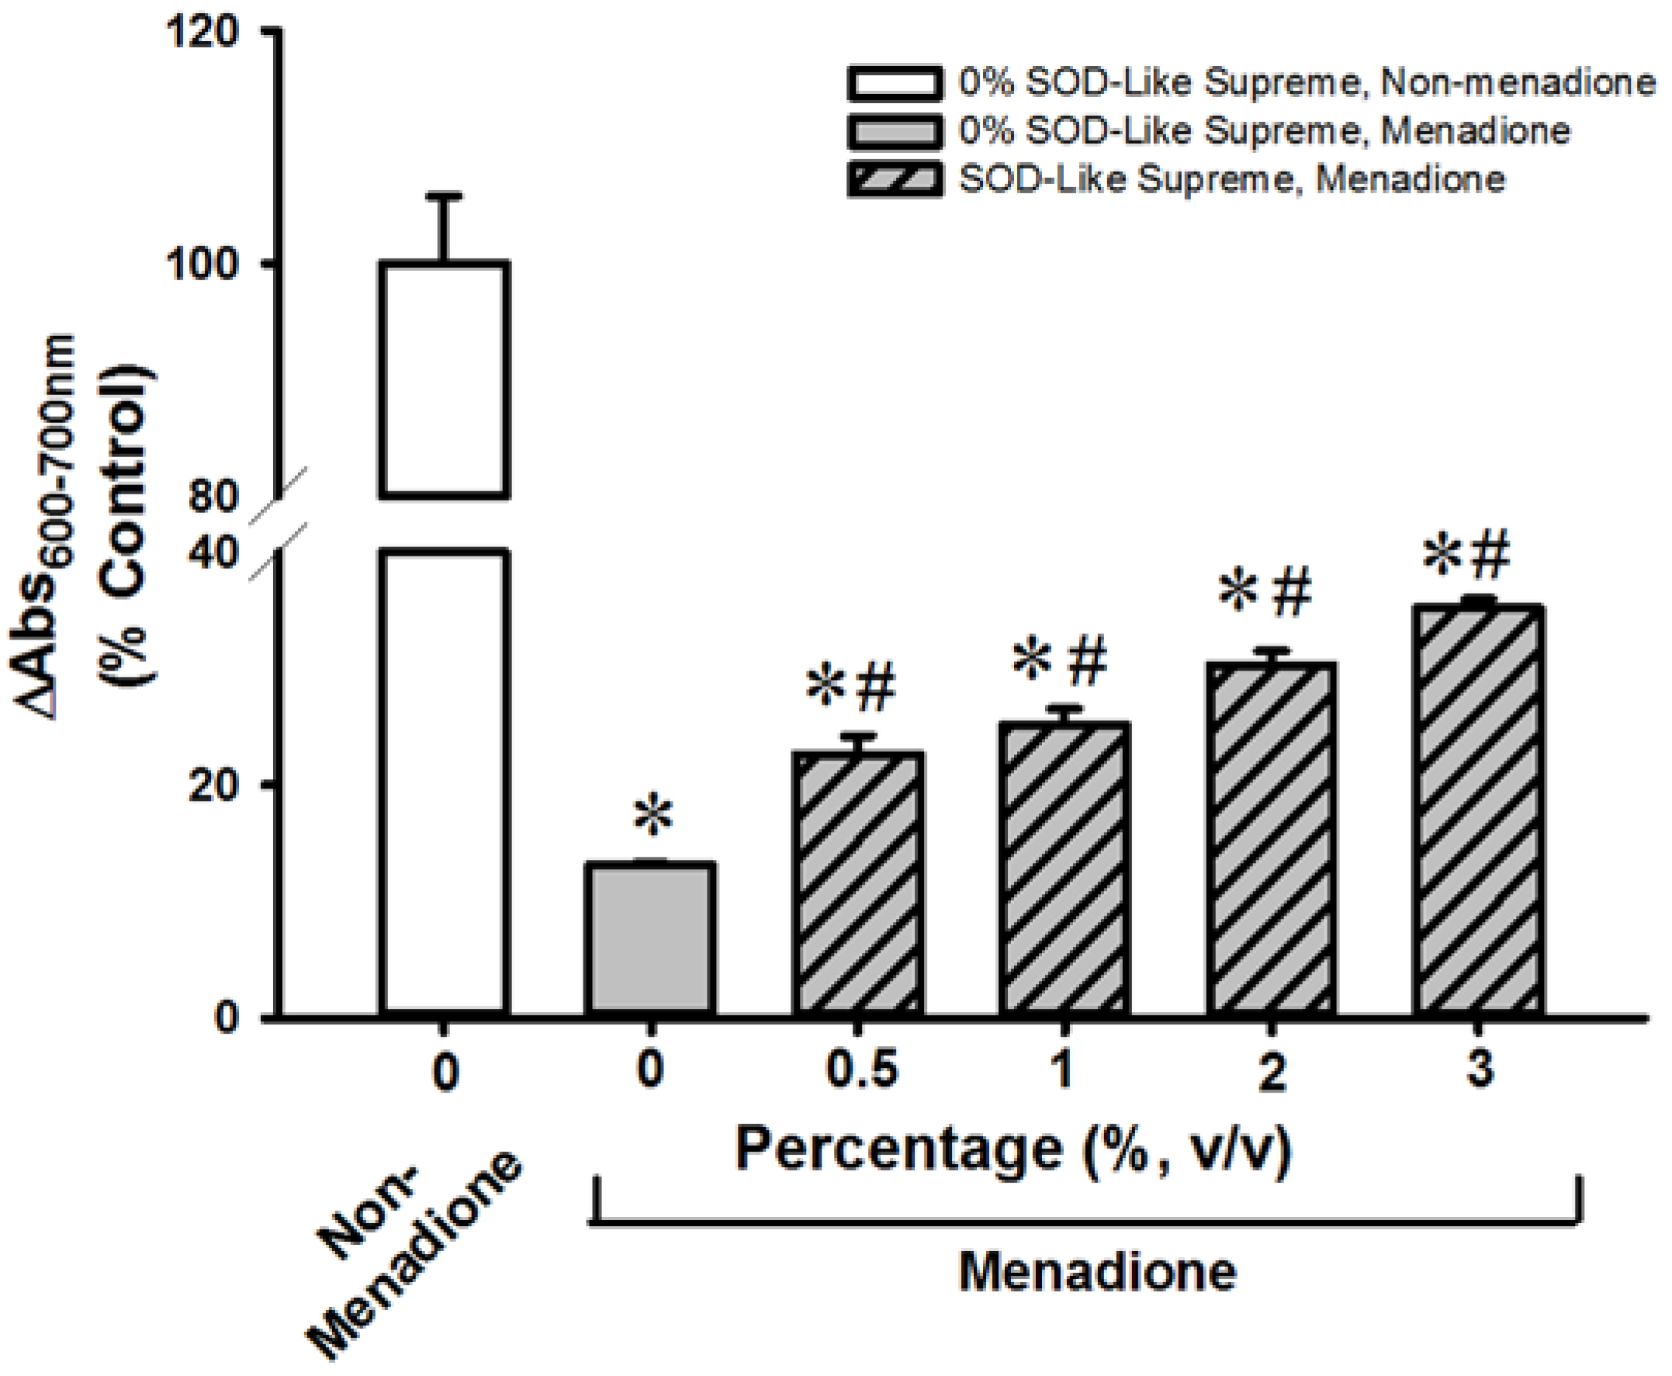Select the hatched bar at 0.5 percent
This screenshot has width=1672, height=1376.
(x=858, y=883)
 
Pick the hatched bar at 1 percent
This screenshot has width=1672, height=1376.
(x=1064, y=868)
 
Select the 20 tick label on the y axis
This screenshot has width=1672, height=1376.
(x=215, y=785)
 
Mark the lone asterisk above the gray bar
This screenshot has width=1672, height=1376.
(x=653, y=817)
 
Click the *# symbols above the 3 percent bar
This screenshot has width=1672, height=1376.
(x=1466, y=556)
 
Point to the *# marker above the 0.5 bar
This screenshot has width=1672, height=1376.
(x=851, y=688)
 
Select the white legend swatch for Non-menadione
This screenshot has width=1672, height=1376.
(x=895, y=83)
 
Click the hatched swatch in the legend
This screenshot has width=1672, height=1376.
(x=895, y=179)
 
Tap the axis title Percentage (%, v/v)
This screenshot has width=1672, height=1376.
(x=1014, y=1149)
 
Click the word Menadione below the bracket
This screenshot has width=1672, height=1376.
(x=1098, y=1272)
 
